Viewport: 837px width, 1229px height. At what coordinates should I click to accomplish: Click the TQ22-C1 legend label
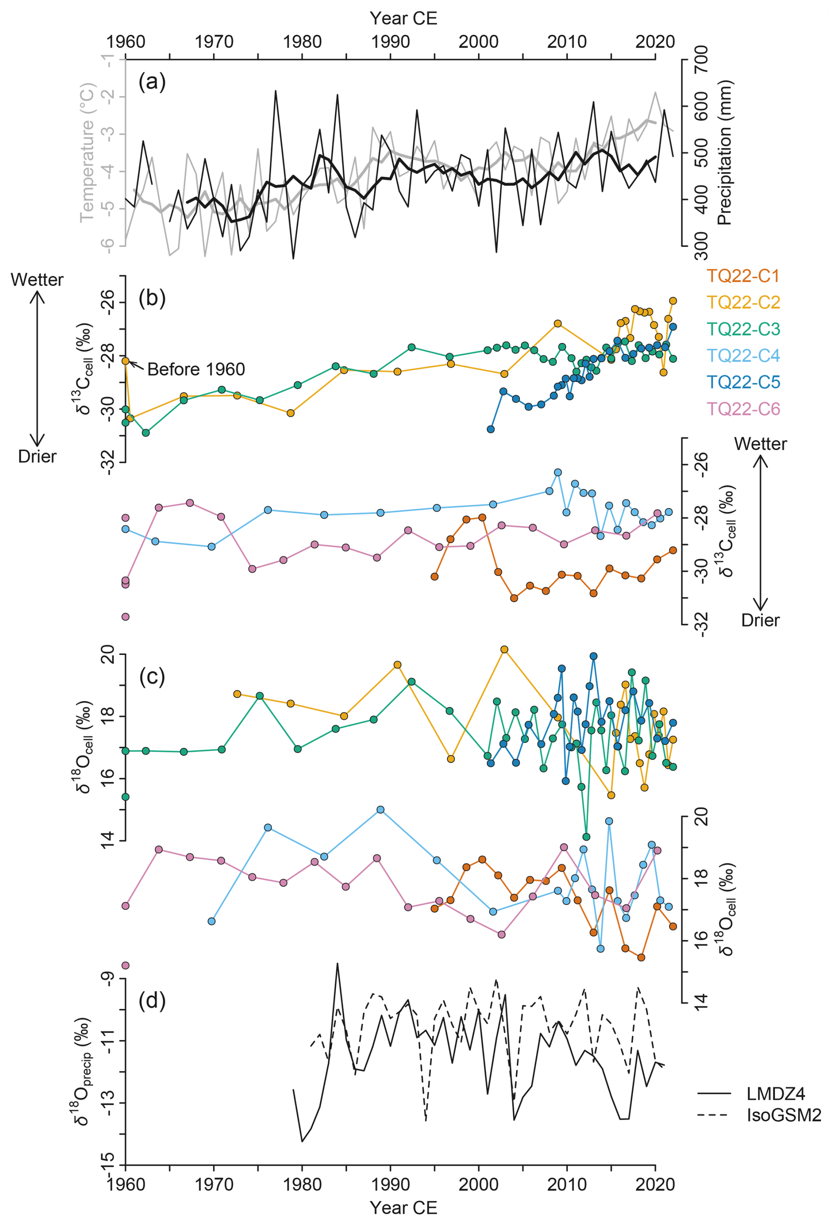[743, 276]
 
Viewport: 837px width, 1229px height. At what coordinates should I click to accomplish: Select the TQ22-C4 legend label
[743, 356]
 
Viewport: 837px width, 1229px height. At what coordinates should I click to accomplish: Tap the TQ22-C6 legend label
[743, 409]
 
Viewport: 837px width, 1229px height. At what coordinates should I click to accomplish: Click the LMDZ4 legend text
[776, 1094]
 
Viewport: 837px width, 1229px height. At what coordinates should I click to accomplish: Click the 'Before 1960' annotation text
[196, 369]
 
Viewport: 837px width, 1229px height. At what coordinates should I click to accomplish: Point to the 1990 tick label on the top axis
[391, 41]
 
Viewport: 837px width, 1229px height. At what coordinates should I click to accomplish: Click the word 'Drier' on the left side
[37, 456]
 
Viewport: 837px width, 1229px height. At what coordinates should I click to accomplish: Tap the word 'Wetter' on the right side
[760, 444]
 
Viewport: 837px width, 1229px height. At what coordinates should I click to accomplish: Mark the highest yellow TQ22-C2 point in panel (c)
[504, 649]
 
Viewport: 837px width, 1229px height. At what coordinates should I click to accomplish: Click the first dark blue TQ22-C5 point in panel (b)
[491, 429]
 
